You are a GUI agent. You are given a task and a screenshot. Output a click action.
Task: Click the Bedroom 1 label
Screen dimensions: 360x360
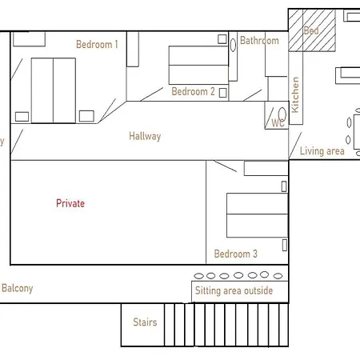coord(97,44)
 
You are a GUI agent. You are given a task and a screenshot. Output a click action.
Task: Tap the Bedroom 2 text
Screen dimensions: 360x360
coord(193,91)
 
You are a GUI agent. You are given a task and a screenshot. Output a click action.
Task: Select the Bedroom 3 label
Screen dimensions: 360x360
coord(235,254)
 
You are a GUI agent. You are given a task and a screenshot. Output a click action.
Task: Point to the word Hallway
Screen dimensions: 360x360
coord(145,136)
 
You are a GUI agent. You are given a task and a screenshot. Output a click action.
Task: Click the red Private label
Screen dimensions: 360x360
coord(70,203)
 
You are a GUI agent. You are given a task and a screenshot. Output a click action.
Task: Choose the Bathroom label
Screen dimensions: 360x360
coord(259,40)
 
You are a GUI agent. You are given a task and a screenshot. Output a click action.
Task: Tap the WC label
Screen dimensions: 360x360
coord(278,123)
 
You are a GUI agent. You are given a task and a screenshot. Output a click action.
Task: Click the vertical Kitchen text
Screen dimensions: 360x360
coord(295,94)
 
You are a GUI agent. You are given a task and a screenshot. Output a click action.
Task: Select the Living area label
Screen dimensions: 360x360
coord(322,150)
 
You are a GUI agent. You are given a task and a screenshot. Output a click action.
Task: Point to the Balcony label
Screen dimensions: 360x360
coord(18,288)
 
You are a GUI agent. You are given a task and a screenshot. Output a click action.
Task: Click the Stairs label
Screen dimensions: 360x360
coord(145,322)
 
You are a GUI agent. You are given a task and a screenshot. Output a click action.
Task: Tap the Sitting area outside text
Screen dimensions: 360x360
coord(234,290)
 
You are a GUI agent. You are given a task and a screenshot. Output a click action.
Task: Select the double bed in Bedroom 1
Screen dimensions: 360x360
coord(53,90)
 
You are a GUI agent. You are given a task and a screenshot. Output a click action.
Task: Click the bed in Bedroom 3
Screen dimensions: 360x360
coord(257,215)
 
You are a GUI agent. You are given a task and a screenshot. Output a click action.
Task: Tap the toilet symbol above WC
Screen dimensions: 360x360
coord(282,113)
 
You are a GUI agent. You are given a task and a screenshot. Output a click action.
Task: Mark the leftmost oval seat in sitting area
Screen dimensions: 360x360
coord(198,275)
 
